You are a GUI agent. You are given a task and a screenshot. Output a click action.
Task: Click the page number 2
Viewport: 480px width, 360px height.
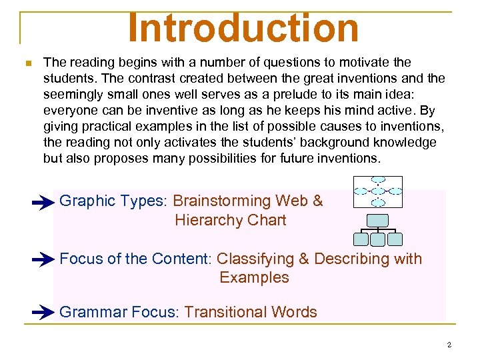[449, 345]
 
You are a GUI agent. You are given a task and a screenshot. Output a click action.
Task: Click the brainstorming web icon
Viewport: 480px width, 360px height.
[378, 191]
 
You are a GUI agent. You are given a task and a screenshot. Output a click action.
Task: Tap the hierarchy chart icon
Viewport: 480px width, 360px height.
[378, 230]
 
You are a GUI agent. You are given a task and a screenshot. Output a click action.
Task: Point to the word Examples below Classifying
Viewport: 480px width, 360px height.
[254, 277]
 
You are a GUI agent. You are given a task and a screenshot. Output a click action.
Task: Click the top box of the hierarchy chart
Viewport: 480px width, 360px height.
[378, 220]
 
